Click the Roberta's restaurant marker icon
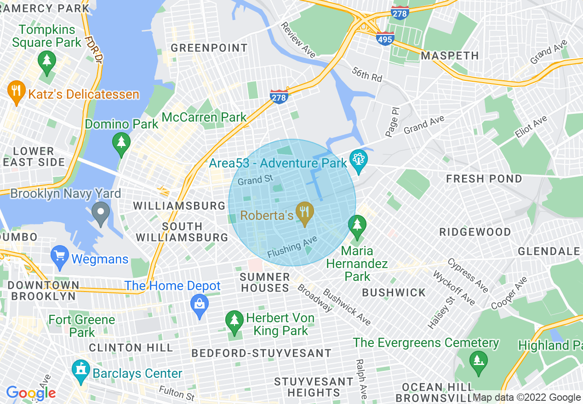pyautogui.click(x=304, y=212)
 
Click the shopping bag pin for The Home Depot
pyautogui.click(x=200, y=304)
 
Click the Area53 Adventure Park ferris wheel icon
pyautogui.click(x=358, y=160)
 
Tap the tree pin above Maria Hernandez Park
pyautogui.click(x=357, y=225)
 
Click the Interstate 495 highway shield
pyautogui.click(x=384, y=39)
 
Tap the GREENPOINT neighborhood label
pyautogui.click(x=209, y=48)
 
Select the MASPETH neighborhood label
pyautogui.click(x=450, y=56)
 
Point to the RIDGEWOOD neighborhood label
pyautogui.click(x=475, y=232)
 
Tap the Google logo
pyautogui.click(x=30, y=393)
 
